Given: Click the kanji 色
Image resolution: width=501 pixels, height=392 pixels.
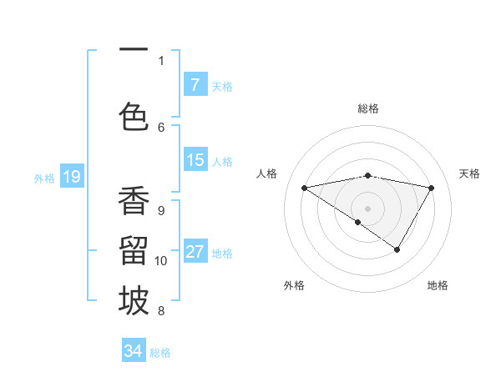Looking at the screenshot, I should pos(134,116).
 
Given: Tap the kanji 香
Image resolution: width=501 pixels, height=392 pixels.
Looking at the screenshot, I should pos(134,201).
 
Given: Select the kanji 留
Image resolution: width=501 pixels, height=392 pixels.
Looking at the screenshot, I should pos(134,251).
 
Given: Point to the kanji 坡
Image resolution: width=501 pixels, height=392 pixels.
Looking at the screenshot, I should pos(134,301).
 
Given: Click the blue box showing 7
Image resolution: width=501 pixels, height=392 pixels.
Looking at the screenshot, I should pos(195,85).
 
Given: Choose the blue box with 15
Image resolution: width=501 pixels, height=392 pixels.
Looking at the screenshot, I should pos(195,160).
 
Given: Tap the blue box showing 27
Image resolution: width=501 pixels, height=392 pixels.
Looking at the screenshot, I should pos(195,252).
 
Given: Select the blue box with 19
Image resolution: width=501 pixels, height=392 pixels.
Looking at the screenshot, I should pos(71,177).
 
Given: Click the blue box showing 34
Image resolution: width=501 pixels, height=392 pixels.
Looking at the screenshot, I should pos(134,351).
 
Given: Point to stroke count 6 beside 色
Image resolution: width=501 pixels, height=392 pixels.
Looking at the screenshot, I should pos(161,127).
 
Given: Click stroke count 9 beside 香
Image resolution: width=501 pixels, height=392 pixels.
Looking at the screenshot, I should pos(161,210).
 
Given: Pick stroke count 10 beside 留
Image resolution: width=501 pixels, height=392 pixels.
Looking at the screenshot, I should pos(161,261).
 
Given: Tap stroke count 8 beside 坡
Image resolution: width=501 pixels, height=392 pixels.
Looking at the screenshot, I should pos(161,311).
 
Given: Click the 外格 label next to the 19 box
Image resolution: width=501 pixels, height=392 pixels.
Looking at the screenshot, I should pos(44,178).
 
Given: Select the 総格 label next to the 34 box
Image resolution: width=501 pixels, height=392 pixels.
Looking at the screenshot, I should pos(160,353).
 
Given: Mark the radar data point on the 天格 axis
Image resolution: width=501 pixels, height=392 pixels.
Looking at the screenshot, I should pos(432,188).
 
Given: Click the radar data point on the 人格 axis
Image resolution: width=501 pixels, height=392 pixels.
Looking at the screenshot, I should pos(304,188).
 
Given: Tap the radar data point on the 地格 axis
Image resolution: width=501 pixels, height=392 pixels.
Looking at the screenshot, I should pos(397,249).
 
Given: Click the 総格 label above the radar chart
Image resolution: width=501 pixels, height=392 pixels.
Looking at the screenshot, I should pos(367,108).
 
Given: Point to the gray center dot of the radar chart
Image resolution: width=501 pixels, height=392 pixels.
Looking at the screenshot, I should pos(367,208).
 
